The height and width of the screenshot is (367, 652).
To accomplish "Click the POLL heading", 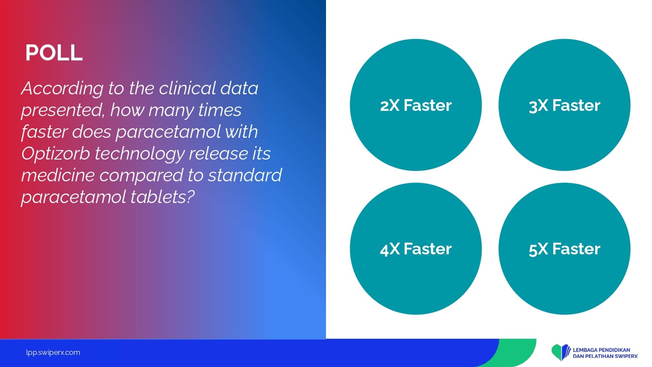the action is click(x=54, y=53).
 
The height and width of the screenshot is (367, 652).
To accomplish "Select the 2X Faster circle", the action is click(x=416, y=105).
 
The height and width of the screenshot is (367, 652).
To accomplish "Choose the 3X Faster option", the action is click(x=564, y=105).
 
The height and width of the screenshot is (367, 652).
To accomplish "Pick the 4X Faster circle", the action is click(x=416, y=249).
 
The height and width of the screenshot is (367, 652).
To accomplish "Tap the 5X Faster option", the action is click(x=564, y=249).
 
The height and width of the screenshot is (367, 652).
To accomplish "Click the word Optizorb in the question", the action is click(x=56, y=153).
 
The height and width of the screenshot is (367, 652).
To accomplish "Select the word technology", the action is click(x=139, y=154).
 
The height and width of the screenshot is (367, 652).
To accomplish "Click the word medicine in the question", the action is click(x=58, y=175).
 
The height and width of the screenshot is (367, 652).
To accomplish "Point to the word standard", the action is click(x=245, y=175).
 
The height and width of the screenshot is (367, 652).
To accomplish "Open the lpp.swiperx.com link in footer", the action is click(x=53, y=353).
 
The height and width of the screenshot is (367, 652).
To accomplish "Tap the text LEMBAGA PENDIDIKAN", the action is click(x=601, y=350).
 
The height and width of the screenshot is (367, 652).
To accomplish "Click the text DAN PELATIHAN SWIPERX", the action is click(x=605, y=356).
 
